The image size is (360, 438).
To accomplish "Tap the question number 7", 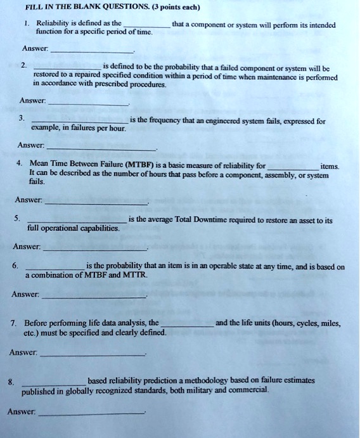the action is pyautogui.click(x=13, y=323).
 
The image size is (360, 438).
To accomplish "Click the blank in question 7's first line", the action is pyautogui.click(x=187, y=325).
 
